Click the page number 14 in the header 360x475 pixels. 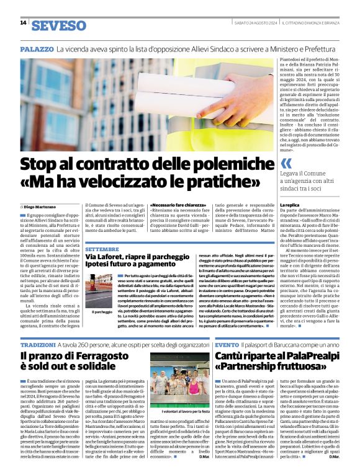(x=23, y=23)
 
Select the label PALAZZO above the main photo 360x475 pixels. (x=37, y=48)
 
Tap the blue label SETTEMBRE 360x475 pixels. (x=100, y=249)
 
